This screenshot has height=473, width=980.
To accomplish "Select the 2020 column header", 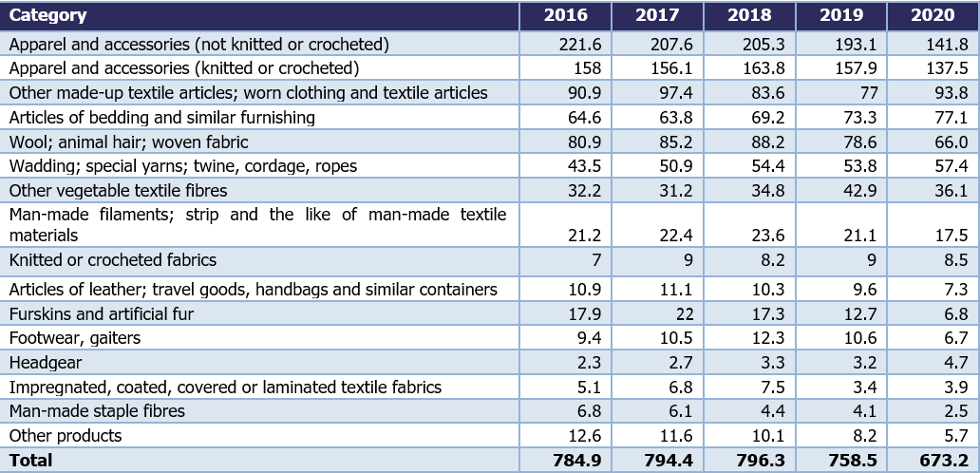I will (x=932, y=16).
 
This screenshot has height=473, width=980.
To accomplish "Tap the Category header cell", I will (x=48, y=16).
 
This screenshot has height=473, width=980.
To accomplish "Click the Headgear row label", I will (x=46, y=363).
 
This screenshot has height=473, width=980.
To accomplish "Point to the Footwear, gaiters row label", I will (x=75, y=338).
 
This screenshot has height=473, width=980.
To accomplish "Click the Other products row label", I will (x=66, y=436).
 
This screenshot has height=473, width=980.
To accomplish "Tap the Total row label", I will (x=31, y=461).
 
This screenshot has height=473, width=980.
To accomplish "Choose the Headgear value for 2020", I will (x=952, y=363).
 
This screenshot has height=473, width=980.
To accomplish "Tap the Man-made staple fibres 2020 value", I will (x=952, y=411).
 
